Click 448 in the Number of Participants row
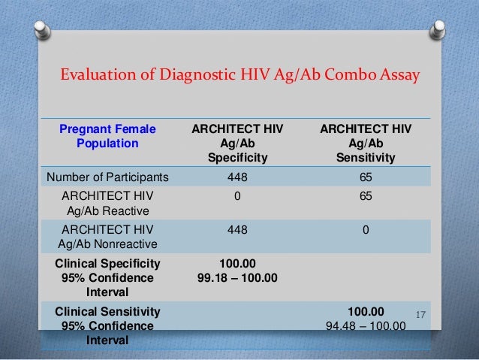coord(238,177)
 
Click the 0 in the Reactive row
coord(238,196)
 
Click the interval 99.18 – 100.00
coord(238,278)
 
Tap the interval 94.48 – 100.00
coord(366,326)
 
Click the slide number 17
coord(420,310)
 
